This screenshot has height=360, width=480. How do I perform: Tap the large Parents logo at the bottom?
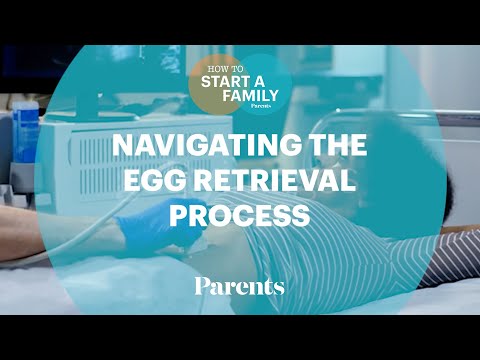(x=239, y=287)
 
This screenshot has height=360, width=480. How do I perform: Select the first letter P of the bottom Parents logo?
(x=201, y=287)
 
